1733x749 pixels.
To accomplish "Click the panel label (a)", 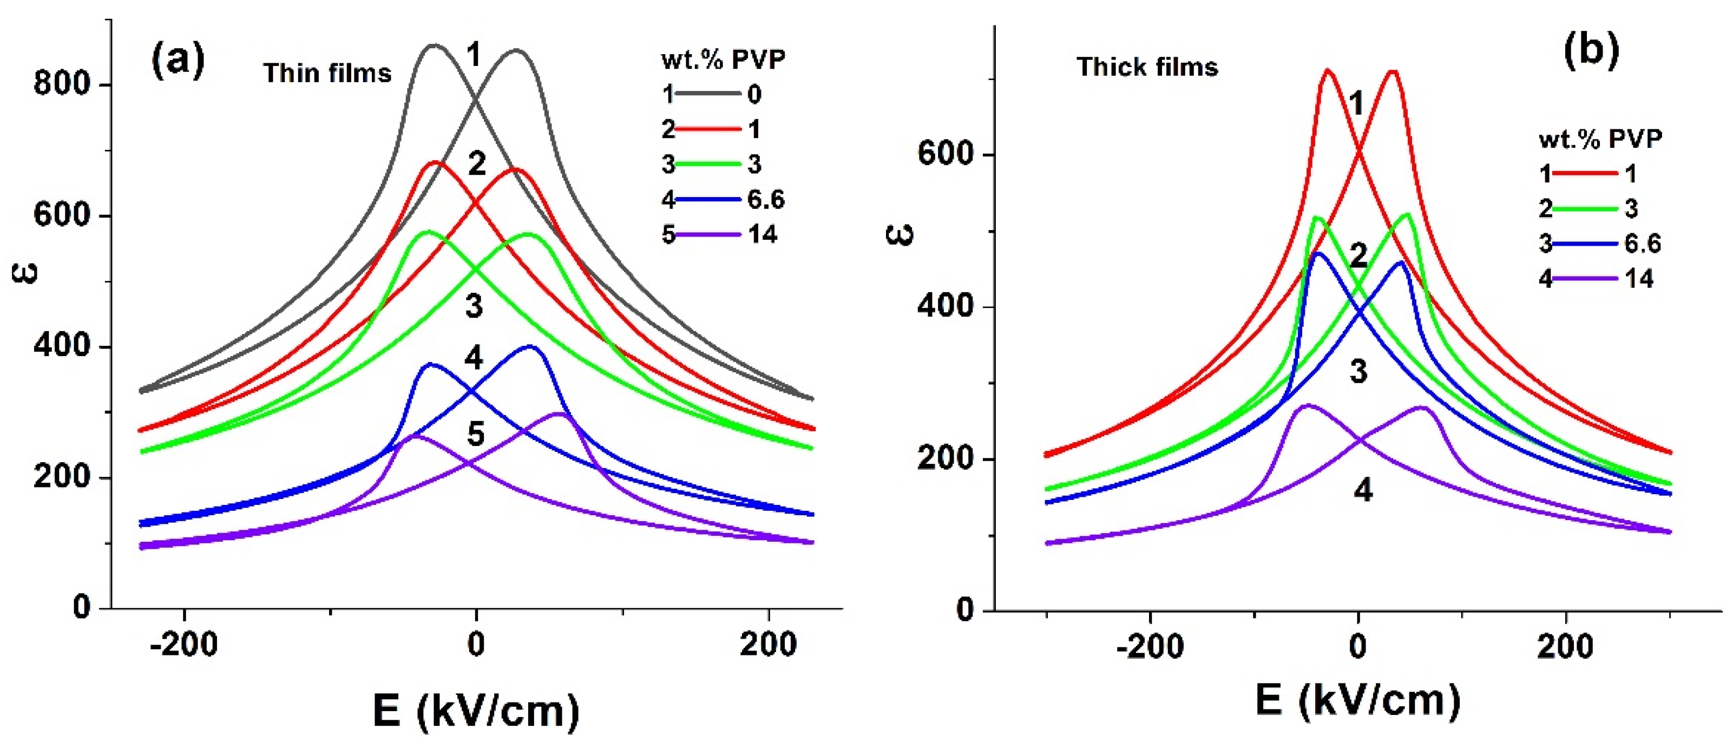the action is click(178, 61).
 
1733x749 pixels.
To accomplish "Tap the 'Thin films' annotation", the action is click(327, 73).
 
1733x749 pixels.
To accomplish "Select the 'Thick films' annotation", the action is click(1147, 67).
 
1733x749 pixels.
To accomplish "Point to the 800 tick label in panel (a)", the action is click(62, 85).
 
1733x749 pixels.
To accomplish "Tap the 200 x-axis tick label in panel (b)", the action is click(1566, 646).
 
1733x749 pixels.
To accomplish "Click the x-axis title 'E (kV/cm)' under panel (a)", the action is click(476, 711).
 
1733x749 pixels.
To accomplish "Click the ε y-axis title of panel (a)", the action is click(25, 273).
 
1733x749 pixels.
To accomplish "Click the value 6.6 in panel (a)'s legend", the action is click(766, 199).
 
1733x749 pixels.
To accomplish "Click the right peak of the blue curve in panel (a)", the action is click(529, 346).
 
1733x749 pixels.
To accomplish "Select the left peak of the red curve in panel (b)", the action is click(1327, 70).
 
